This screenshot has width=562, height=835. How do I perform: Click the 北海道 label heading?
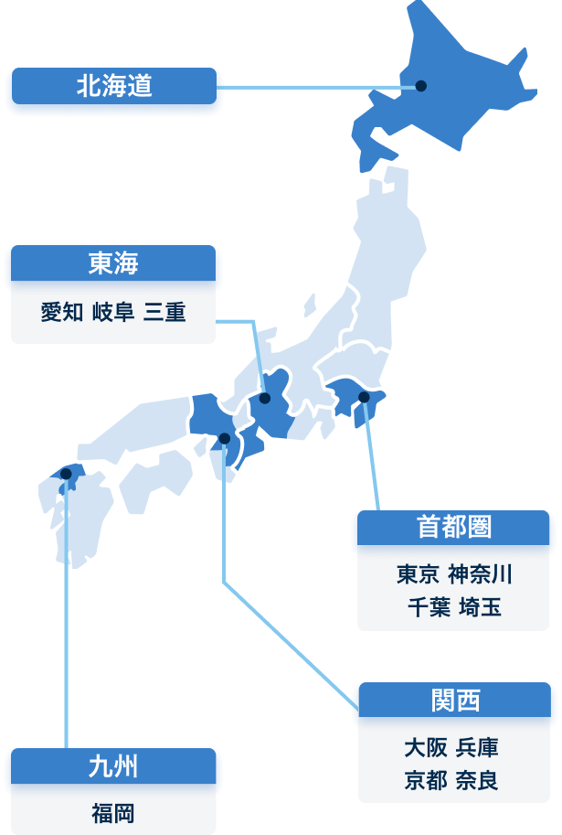pos(113,88)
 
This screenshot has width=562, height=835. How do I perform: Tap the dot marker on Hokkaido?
pos(421,86)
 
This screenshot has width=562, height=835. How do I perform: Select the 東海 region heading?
pos(113,264)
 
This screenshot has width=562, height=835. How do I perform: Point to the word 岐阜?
pos(113,313)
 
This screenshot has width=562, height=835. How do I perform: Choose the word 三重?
pos(164,313)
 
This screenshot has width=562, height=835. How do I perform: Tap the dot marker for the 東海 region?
pos(265,398)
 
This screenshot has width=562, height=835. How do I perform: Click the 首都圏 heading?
pos(454,527)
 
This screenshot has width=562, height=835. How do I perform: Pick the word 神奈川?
pos(481,574)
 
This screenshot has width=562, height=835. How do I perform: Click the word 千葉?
pos(429,606)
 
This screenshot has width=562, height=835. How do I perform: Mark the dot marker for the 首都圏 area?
pos(364,397)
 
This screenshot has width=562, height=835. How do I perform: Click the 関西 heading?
pos(455,701)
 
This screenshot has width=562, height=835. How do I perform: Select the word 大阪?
pos(425,748)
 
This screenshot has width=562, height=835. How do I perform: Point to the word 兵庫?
pos(477,748)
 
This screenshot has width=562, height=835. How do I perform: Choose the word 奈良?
pos(477,781)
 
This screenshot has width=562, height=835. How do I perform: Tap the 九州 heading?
pos(113,766)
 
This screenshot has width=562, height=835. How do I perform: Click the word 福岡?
pos(113,813)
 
